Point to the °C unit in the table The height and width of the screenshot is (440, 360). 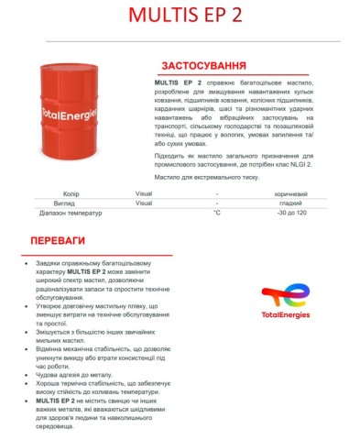click(217, 213)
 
